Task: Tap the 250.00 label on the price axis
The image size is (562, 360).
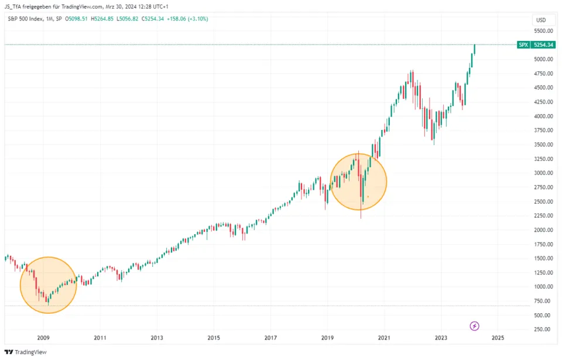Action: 542,329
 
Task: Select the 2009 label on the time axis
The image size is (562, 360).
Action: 43,338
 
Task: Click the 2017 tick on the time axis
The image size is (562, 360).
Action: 270,338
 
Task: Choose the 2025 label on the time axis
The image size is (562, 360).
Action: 498,338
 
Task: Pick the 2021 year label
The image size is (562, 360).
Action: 384,338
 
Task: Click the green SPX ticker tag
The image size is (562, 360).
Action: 523,44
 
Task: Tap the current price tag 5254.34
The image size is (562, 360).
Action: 544,44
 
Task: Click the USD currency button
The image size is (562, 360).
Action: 541,20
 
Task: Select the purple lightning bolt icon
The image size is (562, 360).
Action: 475,325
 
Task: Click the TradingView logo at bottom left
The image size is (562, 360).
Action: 26,352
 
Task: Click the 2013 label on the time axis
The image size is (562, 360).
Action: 156,338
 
